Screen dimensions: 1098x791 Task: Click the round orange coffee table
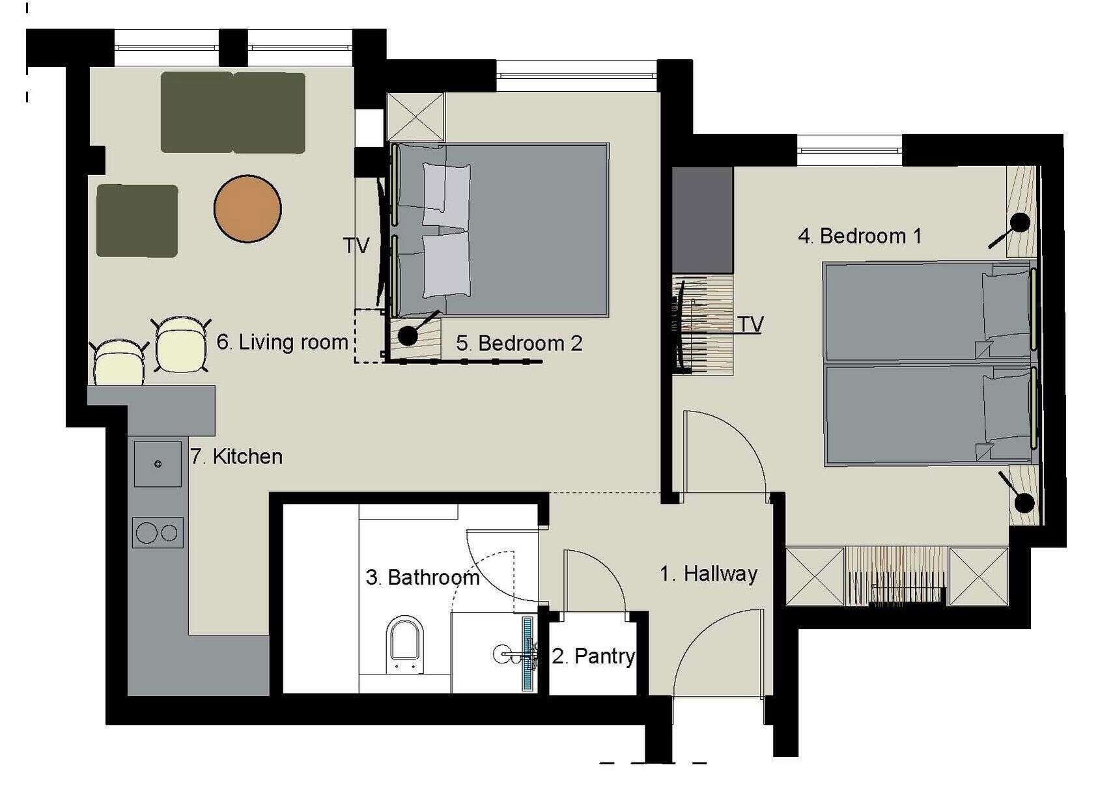[x=247, y=209]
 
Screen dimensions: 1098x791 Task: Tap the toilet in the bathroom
[x=405, y=645]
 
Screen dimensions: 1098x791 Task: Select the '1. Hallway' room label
[x=709, y=574]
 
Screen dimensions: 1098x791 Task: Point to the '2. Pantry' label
[x=593, y=656]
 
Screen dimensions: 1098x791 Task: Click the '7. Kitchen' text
[x=237, y=457]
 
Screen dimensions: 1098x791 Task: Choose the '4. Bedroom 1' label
[x=860, y=236]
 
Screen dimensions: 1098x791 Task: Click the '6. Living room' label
[x=283, y=342]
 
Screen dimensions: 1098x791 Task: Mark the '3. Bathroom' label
[x=423, y=578]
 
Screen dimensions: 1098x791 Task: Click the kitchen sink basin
[x=158, y=464]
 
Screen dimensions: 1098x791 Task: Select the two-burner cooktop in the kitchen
[x=158, y=533]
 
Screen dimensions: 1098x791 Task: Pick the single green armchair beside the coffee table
[x=137, y=221]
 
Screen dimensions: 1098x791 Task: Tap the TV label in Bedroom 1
[x=750, y=324]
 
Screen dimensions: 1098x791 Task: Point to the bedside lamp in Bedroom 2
[x=407, y=336]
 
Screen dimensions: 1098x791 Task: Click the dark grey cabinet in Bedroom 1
[x=703, y=220]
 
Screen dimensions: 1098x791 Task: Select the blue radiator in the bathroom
[x=528, y=654]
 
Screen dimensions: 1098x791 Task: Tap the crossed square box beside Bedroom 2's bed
[x=415, y=117]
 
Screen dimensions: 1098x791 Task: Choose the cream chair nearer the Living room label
[x=180, y=344]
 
